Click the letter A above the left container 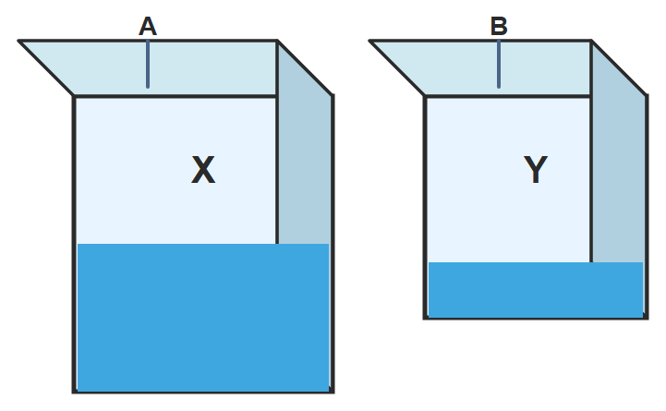148,27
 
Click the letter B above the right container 499,27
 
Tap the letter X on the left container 203,170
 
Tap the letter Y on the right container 535,170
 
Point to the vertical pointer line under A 148,64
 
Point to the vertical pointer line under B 499,64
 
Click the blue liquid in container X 203,318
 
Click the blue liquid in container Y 536,290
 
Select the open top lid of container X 170,68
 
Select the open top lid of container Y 502,68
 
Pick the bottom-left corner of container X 74,393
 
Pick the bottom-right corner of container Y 647,318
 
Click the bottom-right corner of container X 333,393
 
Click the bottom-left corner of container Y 424,318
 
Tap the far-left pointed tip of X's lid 18,41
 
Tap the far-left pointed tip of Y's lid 369,41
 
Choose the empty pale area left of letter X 132,170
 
